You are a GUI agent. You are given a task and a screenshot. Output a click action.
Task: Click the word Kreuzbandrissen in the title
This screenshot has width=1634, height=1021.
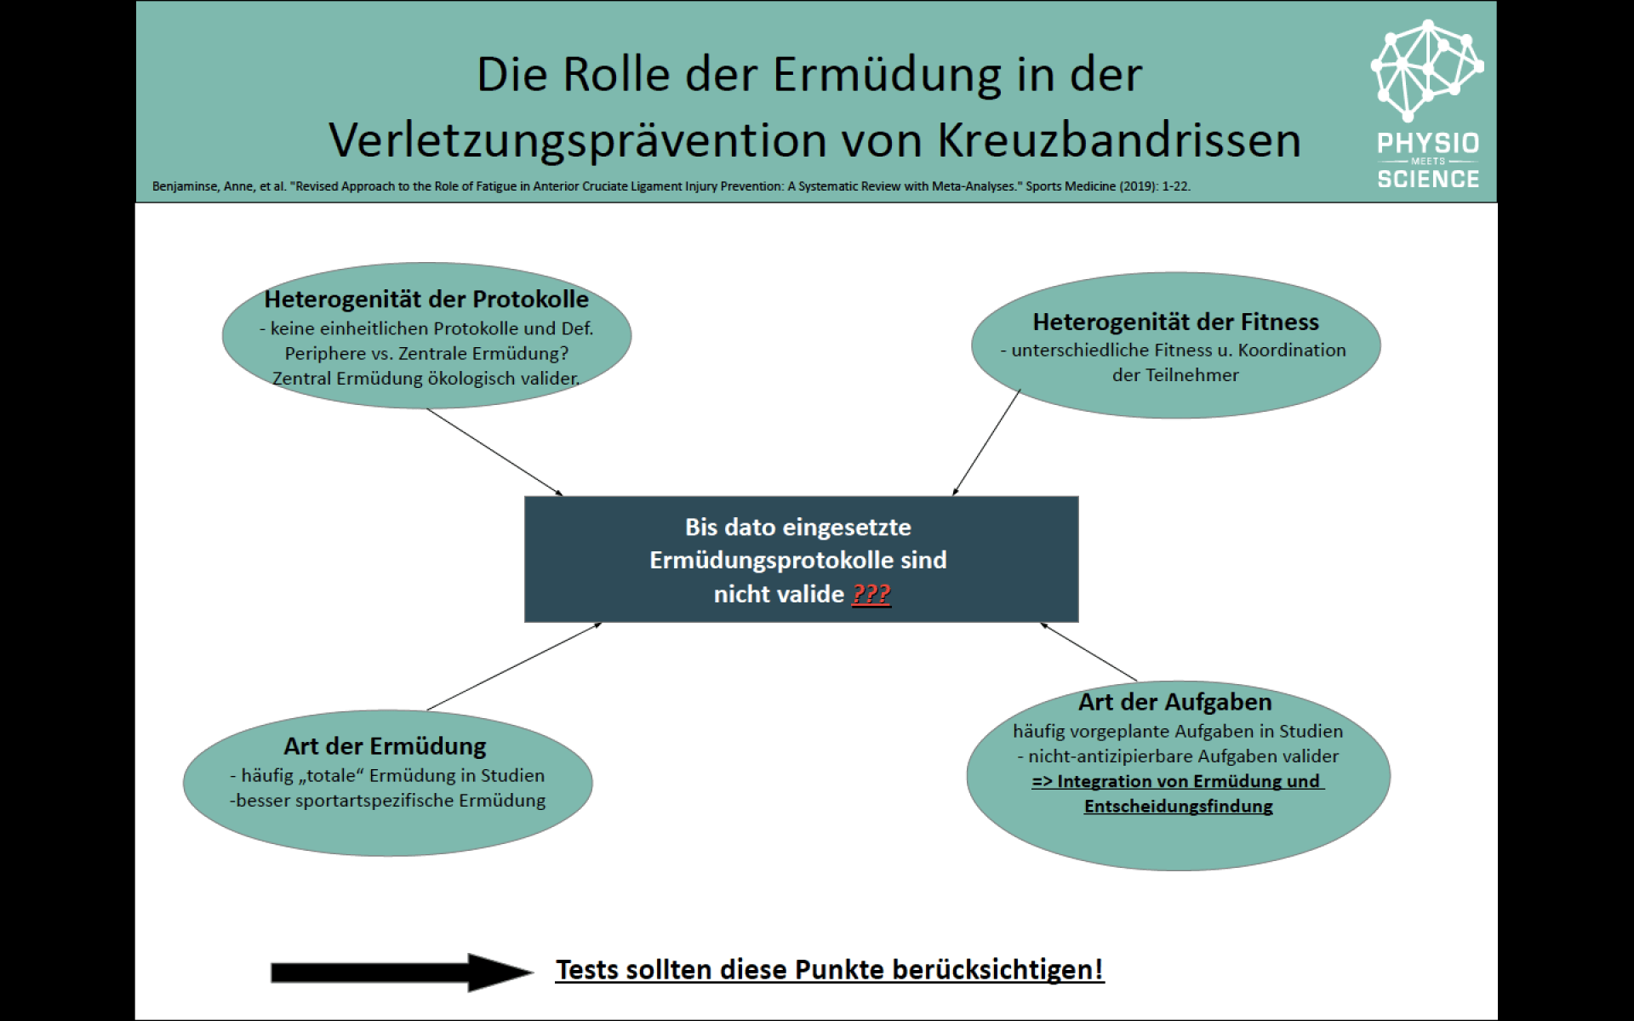(x=1119, y=140)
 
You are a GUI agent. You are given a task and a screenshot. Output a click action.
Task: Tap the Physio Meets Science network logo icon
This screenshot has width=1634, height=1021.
(x=1427, y=71)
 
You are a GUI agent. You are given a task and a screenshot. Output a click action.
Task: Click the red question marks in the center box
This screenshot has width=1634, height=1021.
(x=871, y=594)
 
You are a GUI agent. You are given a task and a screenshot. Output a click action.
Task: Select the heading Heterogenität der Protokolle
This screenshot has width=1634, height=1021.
(x=426, y=299)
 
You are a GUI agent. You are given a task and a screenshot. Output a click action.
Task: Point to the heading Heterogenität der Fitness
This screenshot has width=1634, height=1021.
(x=1175, y=322)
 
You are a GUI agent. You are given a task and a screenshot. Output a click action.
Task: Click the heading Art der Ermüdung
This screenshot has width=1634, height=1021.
(x=385, y=746)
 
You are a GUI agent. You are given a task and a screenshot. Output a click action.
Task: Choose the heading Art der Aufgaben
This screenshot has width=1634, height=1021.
(x=1174, y=702)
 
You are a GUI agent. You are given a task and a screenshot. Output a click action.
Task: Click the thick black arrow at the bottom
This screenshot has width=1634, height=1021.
(x=402, y=972)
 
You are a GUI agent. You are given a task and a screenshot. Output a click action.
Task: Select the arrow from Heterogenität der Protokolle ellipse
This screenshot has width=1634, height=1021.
(x=494, y=452)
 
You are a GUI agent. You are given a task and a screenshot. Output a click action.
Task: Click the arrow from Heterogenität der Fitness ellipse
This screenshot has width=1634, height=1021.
(x=986, y=442)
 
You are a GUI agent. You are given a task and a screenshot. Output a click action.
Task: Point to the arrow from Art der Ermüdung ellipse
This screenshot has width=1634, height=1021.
(x=514, y=666)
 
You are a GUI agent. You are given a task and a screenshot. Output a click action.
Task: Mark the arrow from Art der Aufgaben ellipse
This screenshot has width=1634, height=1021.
(x=1088, y=652)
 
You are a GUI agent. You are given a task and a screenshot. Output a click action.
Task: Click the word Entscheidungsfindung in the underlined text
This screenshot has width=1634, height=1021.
(x=1178, y=806)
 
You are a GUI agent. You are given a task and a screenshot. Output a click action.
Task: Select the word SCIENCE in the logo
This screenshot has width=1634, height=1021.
(x=1428, y=179)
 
